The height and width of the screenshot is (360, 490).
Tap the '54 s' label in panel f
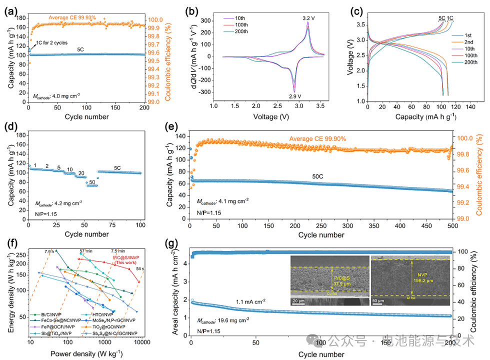click(140, 269)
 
